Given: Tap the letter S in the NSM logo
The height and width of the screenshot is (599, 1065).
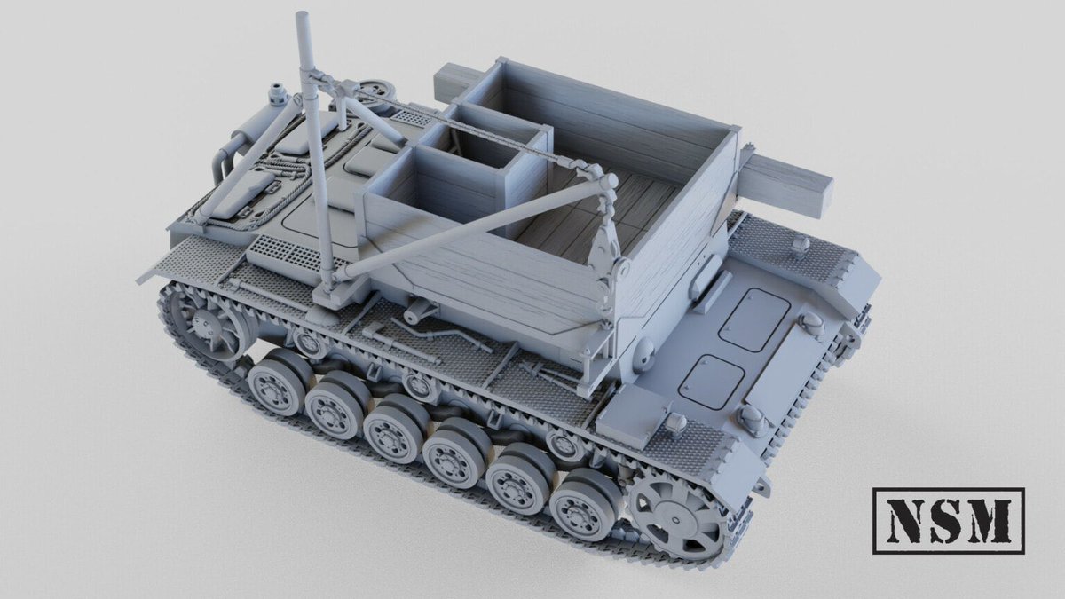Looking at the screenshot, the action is pos(941,521).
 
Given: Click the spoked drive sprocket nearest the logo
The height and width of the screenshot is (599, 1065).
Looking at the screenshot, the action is pos(679,518).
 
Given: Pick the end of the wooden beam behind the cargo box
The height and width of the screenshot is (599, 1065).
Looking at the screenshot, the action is pos(445,84).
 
